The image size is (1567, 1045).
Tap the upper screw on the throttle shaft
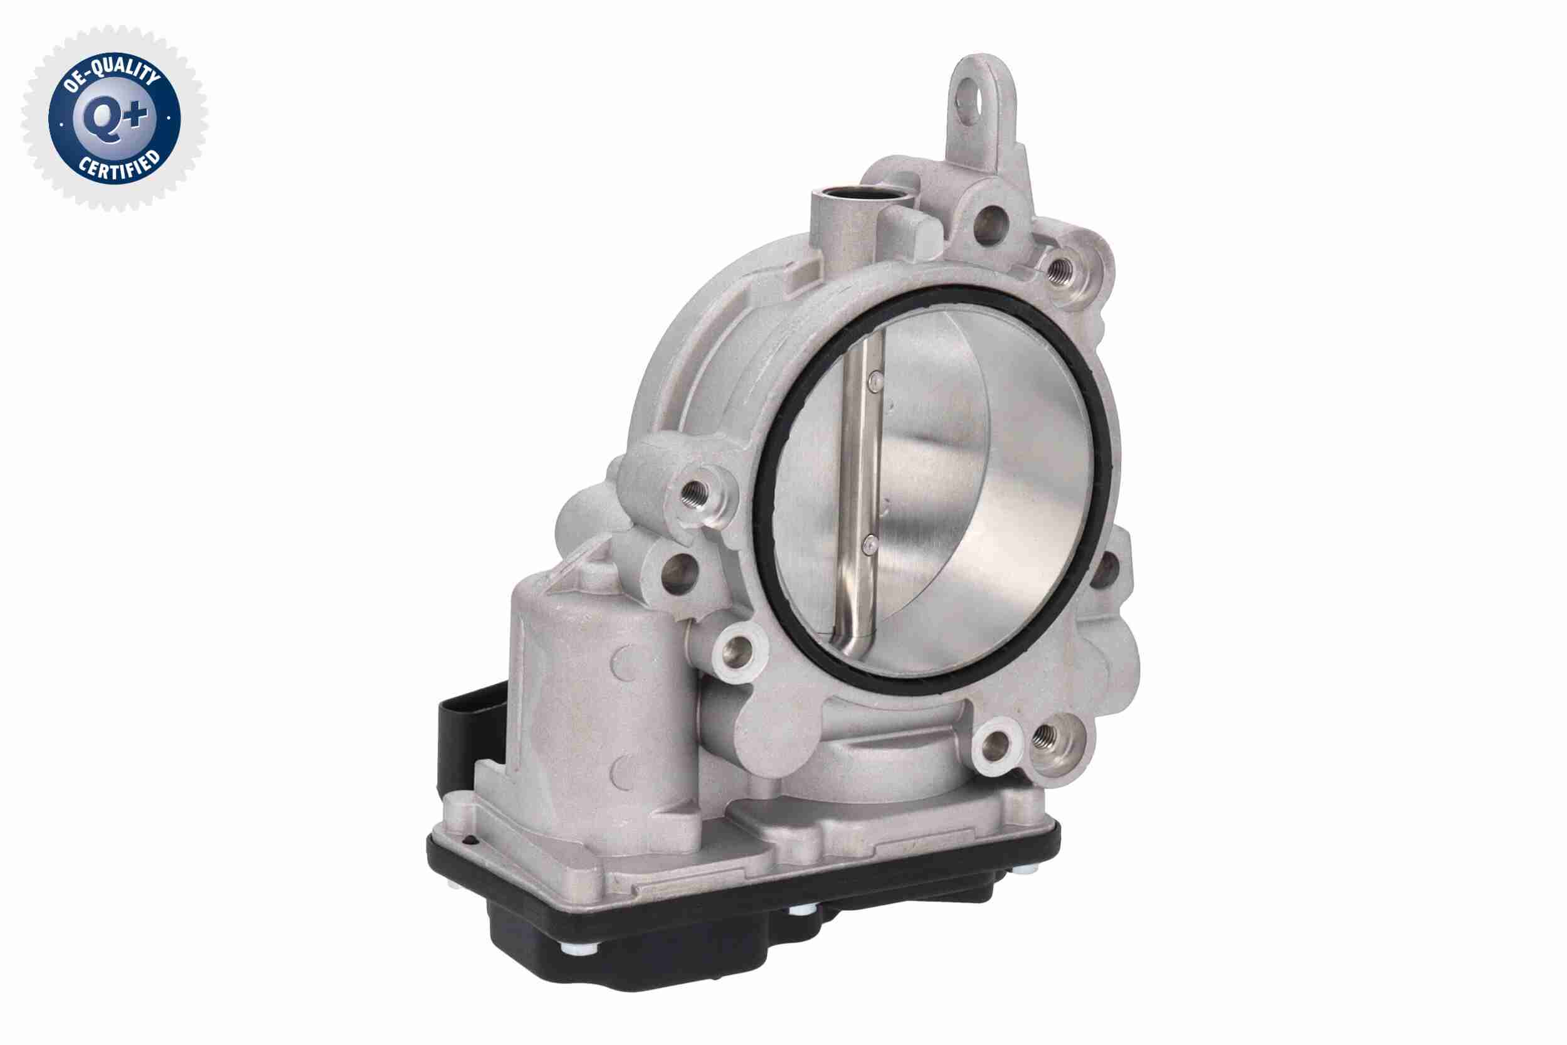point(875,381)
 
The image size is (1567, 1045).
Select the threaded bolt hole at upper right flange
point(1057,270)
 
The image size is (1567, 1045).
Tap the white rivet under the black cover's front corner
point(572,949)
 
